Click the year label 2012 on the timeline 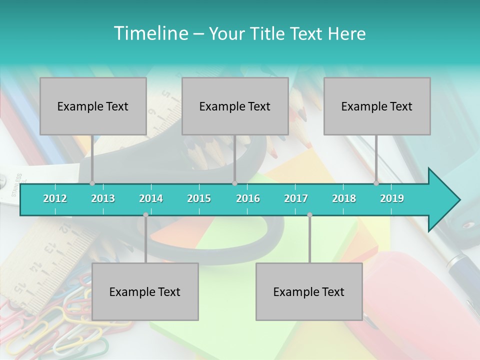click(55, 198)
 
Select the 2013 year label click(103, 198)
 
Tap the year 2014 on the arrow click(151, 198)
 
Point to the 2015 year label click(199, 198)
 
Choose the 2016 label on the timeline click(248, 198)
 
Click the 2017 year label click(296, 198)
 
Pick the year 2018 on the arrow click(344, 198)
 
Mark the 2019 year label click(392, 198)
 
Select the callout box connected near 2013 click(93, 106)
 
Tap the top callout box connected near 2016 click(235, 106)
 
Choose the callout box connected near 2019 click(377, 106)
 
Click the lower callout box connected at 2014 click(145, 291)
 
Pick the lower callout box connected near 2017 click(309, 291)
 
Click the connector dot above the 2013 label click(92, 183)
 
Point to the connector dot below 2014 click(145, 215)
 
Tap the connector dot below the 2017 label click(309, 215)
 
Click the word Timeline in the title click(150, 33)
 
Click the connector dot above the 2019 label click(376, 183)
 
